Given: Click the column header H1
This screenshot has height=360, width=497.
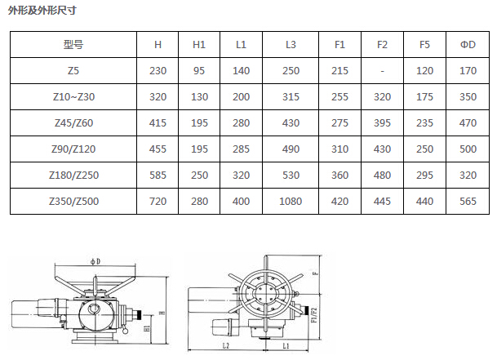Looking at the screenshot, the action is click(x=199, y=45).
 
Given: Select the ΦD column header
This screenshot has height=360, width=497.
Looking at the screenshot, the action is click(x=468, y=45).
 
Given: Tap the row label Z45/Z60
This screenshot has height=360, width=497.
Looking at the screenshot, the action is click(x=73, y=123).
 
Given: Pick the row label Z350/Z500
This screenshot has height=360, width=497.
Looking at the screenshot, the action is click(x=73, y=202).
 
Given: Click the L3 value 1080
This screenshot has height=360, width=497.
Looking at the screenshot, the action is click(x=291, y=202).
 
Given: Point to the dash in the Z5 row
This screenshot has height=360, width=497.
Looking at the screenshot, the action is click(x=382, y=71).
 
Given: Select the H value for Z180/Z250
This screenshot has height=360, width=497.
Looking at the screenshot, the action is click(x=158, y=176).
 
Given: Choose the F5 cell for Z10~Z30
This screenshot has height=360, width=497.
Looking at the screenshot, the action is click(x=424, y=97).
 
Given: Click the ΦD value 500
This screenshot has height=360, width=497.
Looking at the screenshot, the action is click(x=468, y=149).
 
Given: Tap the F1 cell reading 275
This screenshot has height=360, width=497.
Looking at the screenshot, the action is click(x=339, y=123).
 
